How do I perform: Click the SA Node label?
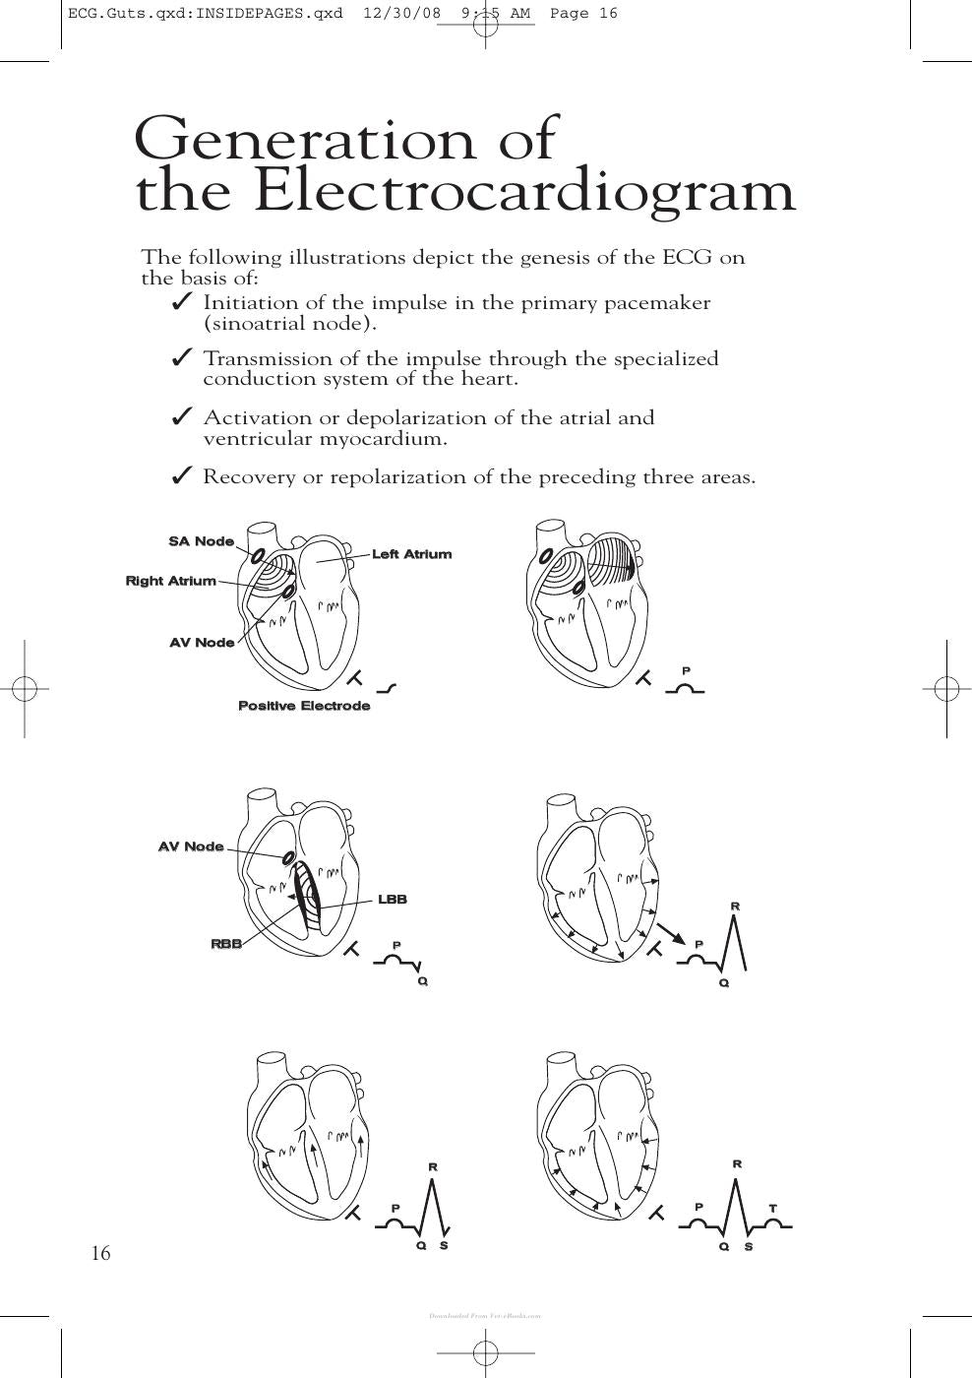pos(202,541)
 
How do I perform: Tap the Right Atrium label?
pos(171,581)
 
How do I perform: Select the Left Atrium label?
pos(412,554)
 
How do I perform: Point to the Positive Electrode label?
pos(304,706)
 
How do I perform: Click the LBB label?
pos(393,900)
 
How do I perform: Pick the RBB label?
pos(226,944)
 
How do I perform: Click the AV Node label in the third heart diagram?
pos(191,846)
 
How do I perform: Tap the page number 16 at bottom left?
pos(100,1252)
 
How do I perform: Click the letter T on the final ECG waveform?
pos(773,1209)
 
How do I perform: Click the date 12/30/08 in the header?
pos(402,14)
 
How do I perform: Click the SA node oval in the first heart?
pos(259,555)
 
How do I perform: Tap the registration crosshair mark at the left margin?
pos(25,688)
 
